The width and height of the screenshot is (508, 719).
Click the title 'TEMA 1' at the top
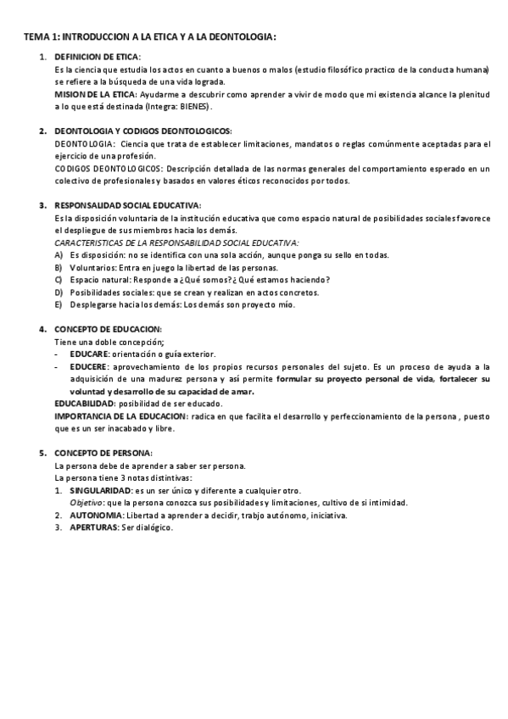click(42, 37)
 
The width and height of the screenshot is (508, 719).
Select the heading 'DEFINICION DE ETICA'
click(97, 57)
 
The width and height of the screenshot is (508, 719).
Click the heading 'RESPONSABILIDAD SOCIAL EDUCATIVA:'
click(127, 206)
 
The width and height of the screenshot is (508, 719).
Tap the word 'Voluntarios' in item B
click(92, 268)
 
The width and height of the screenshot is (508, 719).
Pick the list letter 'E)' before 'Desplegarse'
click(59, 304)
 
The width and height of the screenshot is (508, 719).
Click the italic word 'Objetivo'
click(87, 503)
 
